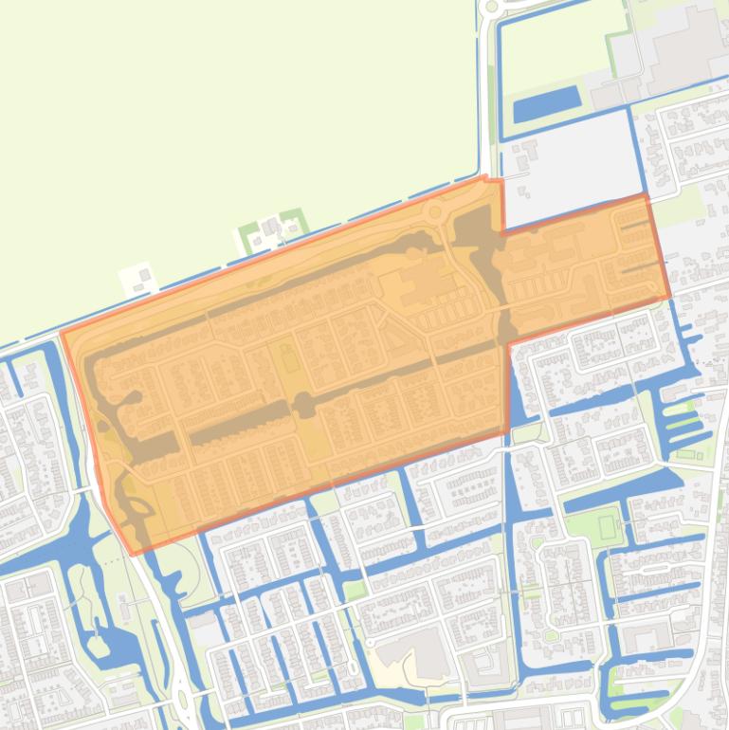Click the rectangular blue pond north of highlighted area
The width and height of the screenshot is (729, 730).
[546, 103]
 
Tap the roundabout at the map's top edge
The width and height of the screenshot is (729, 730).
[489, 7]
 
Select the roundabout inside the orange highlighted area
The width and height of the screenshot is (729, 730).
[435, 213]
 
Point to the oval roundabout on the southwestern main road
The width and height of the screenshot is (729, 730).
[180, 703]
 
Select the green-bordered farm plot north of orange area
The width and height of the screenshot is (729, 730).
[272, 228]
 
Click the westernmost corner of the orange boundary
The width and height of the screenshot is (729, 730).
[62, 332]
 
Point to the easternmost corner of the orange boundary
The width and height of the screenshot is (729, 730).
[670, 296]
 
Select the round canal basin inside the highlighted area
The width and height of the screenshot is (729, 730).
[303, 406]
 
